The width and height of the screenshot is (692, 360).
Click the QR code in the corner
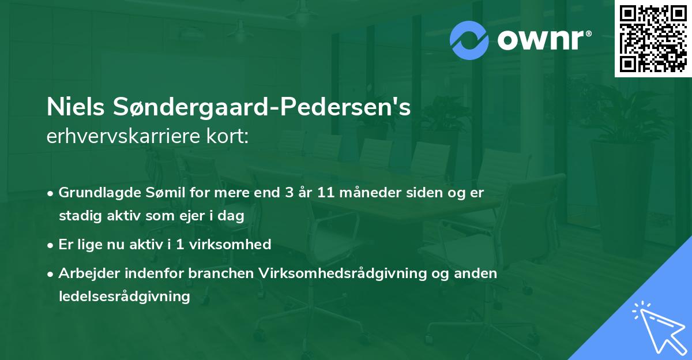pyautogui.click(x=652, y=39)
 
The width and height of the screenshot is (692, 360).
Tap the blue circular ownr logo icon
pyautogui.click(x=470, y=40)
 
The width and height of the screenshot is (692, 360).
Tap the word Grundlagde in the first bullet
pyautogui.click(x=94, y=193)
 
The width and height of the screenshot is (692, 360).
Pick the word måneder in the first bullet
pyautogui.click(x=366, y=193)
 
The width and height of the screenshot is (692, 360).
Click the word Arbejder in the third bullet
pyautogui.click(x=85, y=273)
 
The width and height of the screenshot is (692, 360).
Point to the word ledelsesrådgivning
pyautogui.click(x=124, y=297)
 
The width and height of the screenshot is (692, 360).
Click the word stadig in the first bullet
pyautogui.click(x=77, y=216)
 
